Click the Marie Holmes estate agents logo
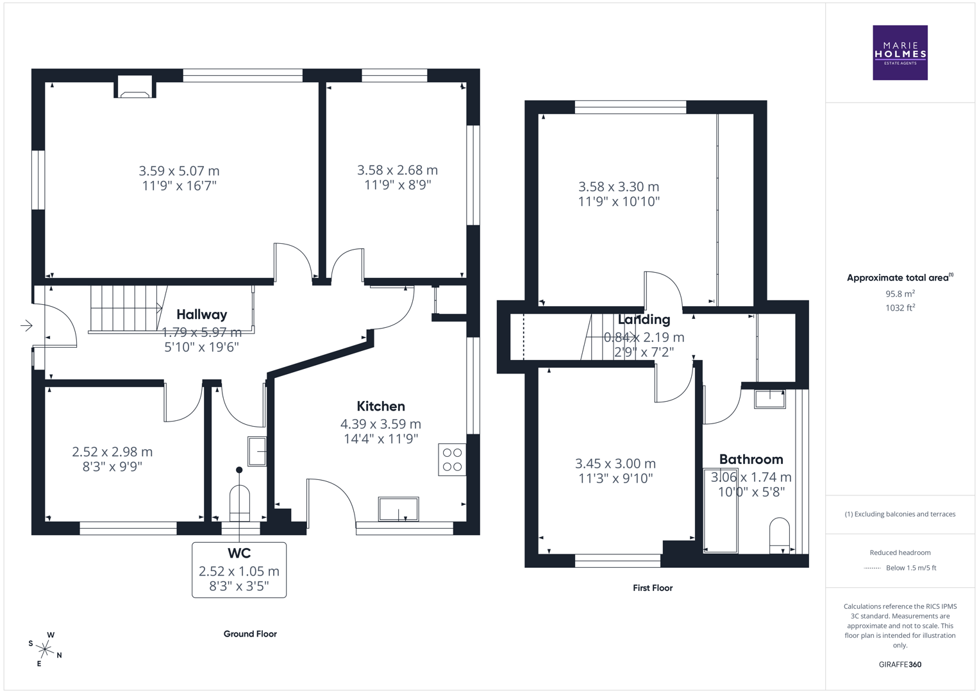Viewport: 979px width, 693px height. coord(900,53)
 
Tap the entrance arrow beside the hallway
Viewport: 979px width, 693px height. coord(26,325)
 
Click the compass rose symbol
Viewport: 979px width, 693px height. coord(45,649)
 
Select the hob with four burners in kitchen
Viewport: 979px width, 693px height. coord(452,459)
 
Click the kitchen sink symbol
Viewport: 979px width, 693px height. coord(398,509)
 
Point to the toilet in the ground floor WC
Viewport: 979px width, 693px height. coord(239,503)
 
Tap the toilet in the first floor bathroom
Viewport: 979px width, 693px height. coord(780,535)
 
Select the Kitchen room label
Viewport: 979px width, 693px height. coord(381,406)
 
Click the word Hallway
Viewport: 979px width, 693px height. coord(201,314)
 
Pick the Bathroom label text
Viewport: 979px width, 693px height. coord(751,459)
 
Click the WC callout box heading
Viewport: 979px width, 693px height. coord(239,553)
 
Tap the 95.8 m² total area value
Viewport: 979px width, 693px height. coord(900,294)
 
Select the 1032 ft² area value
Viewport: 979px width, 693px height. coord(900,308)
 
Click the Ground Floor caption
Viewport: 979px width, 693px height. coord(250,634)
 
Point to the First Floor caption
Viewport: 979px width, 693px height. coord(652,588)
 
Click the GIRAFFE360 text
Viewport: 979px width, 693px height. coord(900,665)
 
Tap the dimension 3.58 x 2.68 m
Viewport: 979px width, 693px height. coord(397,170)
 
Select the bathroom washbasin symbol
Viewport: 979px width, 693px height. coord(769,398)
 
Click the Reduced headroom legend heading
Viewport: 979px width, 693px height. coord(900,552)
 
